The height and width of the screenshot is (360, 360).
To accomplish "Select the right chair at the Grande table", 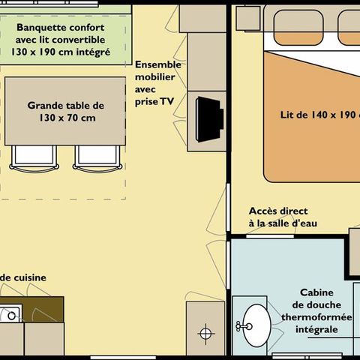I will point(95,157).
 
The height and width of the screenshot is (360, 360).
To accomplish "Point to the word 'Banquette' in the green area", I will point(41,26).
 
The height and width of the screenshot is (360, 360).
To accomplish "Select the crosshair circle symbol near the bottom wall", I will point(205,331).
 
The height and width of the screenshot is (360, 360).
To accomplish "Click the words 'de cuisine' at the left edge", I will point(24,277).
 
